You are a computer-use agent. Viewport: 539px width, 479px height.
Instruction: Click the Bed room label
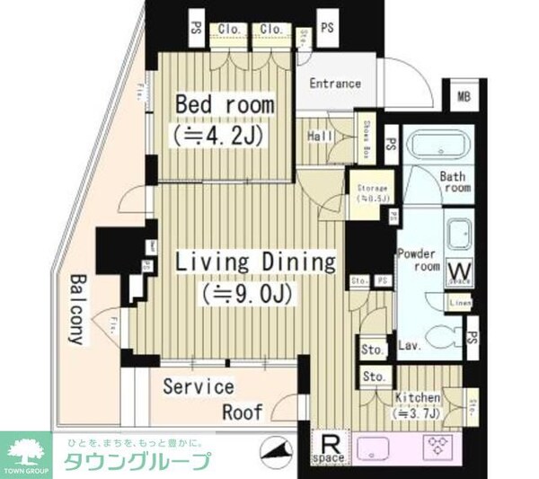tap(225, 105)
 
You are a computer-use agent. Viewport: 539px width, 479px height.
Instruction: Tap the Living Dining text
tap(254, 262)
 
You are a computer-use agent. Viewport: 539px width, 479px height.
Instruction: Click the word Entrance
tap(335, 84)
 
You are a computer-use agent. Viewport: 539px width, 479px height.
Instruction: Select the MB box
tap(464, 97)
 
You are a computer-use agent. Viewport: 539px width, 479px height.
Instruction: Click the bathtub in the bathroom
tap(435, 146)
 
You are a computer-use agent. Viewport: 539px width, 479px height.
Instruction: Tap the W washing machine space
tap(458, 271)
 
